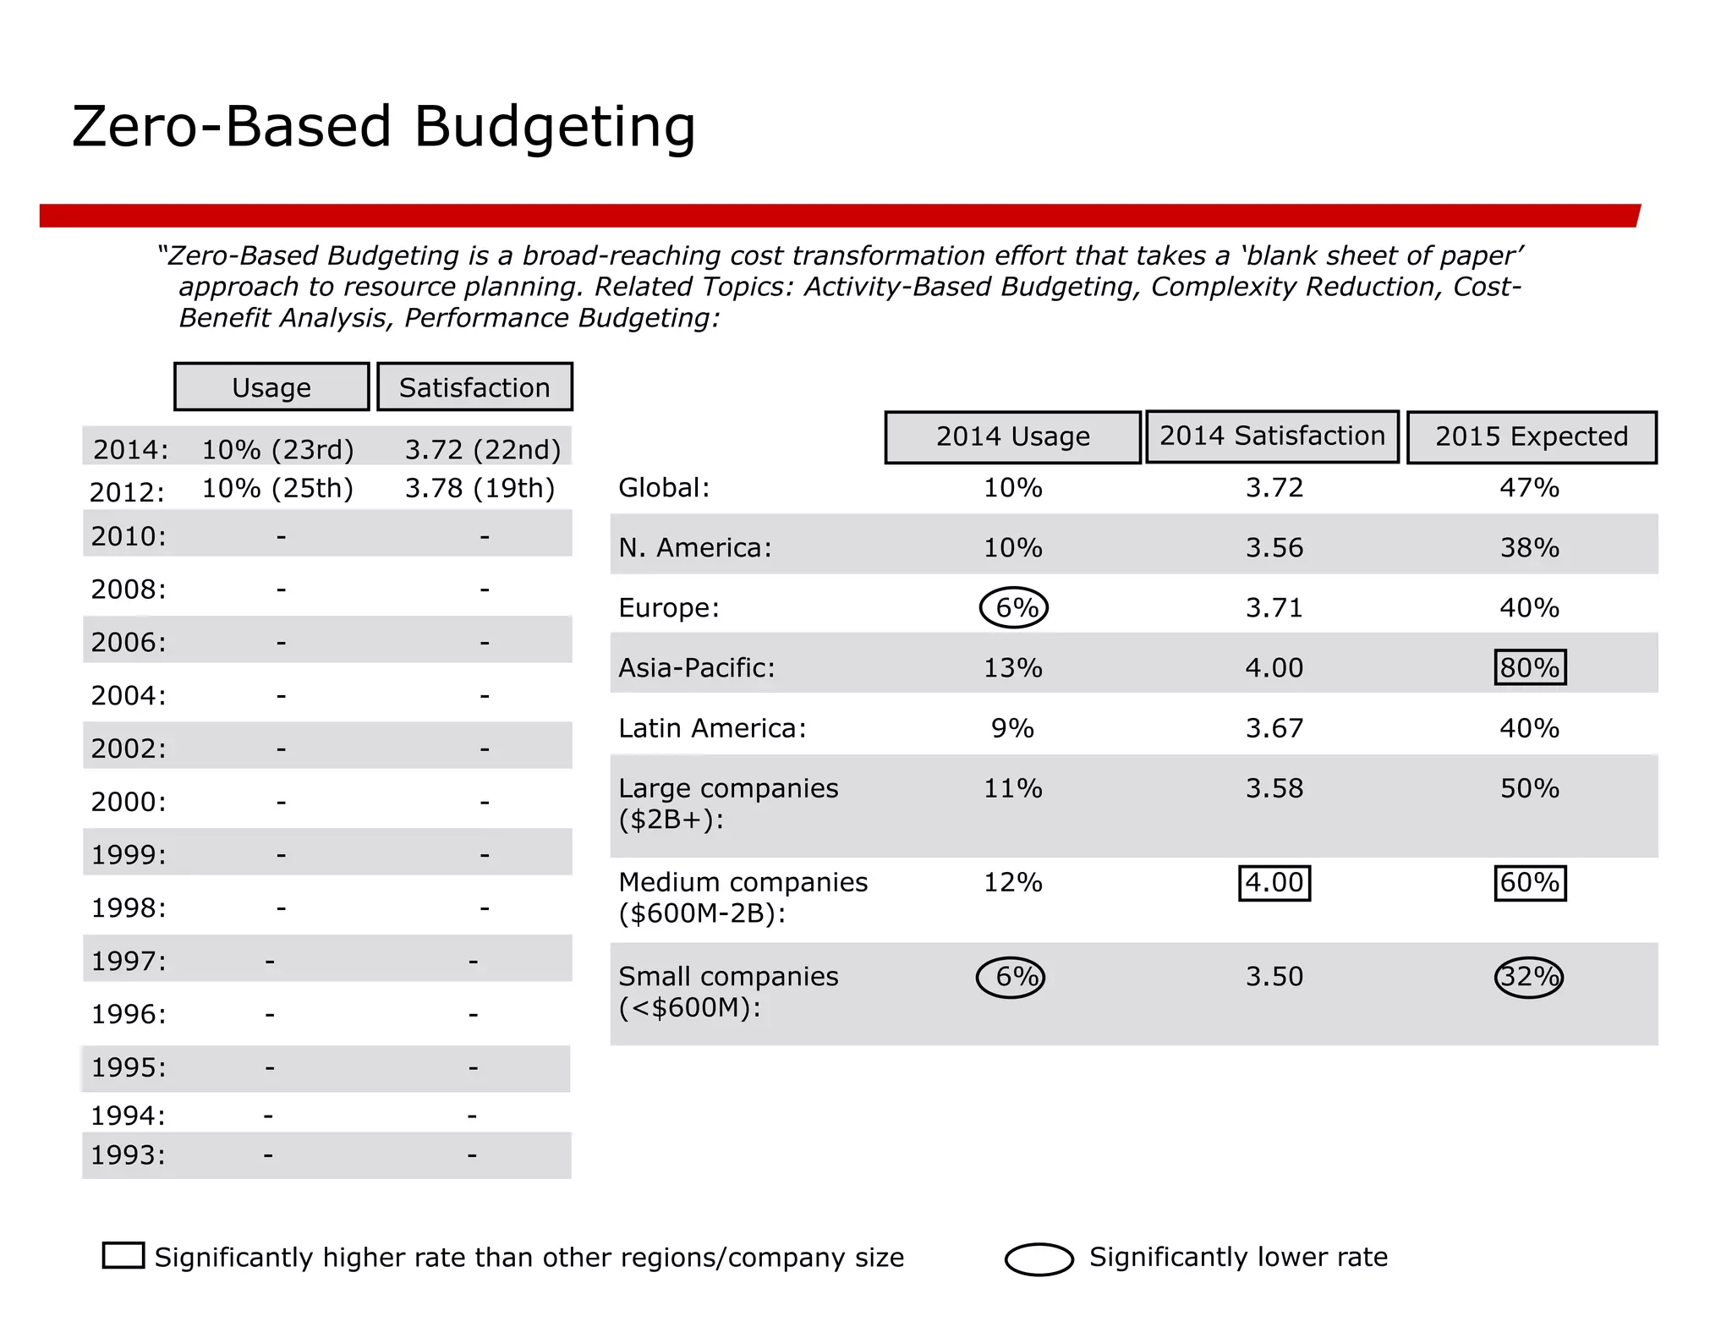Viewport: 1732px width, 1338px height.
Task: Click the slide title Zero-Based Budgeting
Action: click(x=383, y=127)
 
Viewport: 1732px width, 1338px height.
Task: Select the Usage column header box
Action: click(x=271, y=387)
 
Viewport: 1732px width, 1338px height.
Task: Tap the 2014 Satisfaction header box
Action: click(x=1272, y=436)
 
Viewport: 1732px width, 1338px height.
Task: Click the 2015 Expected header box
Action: click(x=1531, y=437)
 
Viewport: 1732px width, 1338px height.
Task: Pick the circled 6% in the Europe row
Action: click(x=1014, y=607)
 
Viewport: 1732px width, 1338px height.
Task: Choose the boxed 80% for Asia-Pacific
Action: click(x=1530, y=667)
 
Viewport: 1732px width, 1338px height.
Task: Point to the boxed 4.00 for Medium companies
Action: click(x=1274, y=883)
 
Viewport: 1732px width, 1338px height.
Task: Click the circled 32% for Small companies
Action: click(x=1529, y=977)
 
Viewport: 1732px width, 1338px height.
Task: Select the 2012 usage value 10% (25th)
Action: click(x=277, y=488)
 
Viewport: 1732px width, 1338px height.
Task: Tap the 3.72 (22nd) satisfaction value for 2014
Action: click(x=482, y=449)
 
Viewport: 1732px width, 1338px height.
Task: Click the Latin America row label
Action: click(x=712, y=728)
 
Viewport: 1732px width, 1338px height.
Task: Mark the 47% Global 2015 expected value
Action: click(x=1529, y=488)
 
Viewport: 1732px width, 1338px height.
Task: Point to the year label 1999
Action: click(x=129, y=855)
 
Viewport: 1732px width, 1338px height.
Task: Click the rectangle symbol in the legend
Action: click(x=123, y=1255)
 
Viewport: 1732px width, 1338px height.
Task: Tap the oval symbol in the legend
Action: click(x=1039, y=1258)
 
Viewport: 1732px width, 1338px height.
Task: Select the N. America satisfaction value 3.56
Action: click(x=1274, y=548)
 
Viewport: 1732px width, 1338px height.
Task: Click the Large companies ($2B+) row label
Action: click(x=727, y=803)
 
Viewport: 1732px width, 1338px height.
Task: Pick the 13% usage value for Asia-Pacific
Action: click(x=1012, y=668)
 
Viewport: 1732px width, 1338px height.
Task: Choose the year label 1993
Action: click(x=128, y=1155)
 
